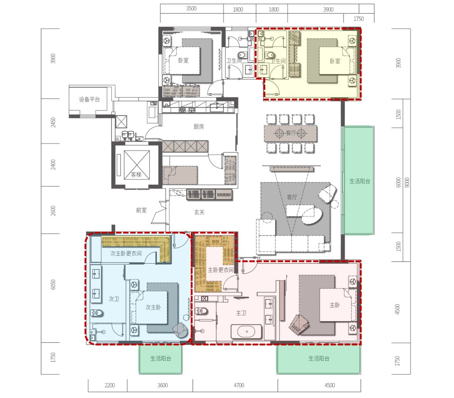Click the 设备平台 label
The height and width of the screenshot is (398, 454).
pos(90,99)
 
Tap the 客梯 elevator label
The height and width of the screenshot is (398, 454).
pos(136,174)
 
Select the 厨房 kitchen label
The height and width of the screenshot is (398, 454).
pos(198,126)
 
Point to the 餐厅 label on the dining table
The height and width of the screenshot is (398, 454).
pos(291,133)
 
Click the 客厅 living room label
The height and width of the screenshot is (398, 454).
pos(292,197)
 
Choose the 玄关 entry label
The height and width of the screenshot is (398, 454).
pos(199,212)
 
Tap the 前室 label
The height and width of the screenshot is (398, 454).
pos(141,210)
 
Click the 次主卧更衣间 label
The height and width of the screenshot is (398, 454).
pos(126,253)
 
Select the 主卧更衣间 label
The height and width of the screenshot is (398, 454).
pos(221,270)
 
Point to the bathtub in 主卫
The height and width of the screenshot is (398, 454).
pos(246,332)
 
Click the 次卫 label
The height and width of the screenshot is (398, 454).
pos(114,299)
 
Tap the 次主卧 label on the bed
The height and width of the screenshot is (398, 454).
pos(153,307)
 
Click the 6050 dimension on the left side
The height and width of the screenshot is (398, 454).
pos(53,285)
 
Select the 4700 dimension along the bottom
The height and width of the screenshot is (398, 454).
pos(239,385)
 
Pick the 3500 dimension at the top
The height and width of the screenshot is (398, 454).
pos(191,8)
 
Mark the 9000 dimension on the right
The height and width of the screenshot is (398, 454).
pos(407,182)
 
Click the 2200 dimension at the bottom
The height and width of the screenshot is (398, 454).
pos(110,385)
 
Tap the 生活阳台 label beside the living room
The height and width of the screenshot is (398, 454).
pos(360,181)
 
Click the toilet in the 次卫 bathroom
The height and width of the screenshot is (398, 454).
pos(97,313)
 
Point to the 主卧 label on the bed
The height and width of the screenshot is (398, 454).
pos(335,305)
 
